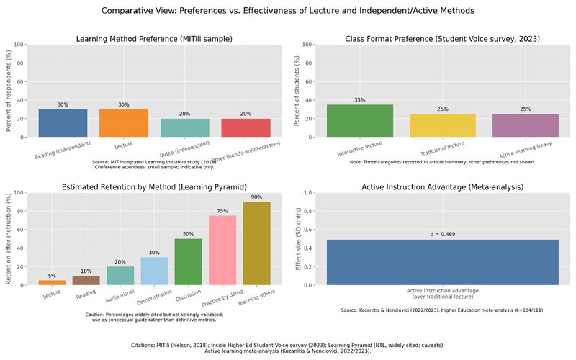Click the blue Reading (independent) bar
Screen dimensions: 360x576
[x=63, y=123]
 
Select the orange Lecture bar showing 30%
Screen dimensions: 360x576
[x=124, y=123]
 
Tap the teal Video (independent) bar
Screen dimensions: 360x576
[x=185, y=127]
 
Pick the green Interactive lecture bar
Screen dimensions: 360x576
[x=359, y=121]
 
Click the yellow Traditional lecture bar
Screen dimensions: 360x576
[x=442, y=125]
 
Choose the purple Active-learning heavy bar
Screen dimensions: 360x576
[x=525, y=125]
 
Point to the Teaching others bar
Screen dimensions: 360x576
[x=257, y=243]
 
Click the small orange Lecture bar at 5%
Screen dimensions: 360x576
[x=52, y=282]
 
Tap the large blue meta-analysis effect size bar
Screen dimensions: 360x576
[x=442, y=262]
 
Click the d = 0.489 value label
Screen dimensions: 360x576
[x=442, y=234]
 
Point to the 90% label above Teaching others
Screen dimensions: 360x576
[x=257, y=197]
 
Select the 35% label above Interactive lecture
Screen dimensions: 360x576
[x=359, y=99]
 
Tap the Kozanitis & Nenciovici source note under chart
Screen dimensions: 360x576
[x=442, y=310]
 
